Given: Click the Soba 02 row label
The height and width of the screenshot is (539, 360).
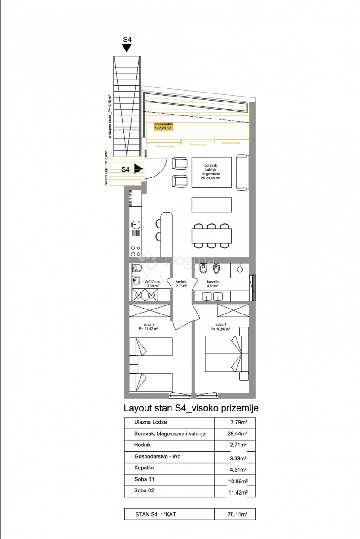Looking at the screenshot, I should [144, 491].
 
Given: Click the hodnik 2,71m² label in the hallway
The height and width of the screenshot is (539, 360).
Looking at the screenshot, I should [182, 283].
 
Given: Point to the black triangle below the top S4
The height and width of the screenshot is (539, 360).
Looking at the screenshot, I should [127, 48].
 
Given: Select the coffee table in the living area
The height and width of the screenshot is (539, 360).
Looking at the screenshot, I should [212, 205].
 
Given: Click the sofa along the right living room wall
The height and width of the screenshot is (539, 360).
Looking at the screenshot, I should [242, 172].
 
